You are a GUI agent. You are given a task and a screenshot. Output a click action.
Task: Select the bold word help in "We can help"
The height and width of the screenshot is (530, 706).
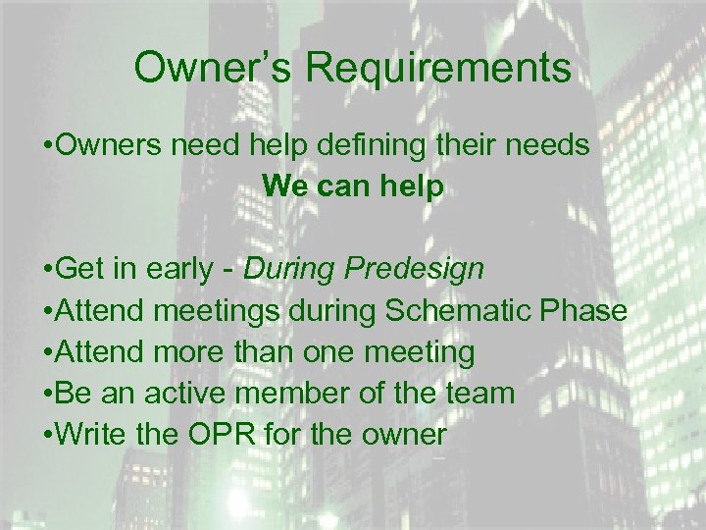(x=413, y=185)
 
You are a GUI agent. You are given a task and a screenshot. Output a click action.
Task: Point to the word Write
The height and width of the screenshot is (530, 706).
(x=89, y=434)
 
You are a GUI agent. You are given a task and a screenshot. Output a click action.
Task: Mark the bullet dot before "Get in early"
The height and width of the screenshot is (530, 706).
(x=48, y=268)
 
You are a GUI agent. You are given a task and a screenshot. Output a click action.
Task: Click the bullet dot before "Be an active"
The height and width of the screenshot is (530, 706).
(x=48, y=393)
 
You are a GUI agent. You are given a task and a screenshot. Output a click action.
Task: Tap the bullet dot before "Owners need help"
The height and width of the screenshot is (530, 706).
(x=48, y=145)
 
